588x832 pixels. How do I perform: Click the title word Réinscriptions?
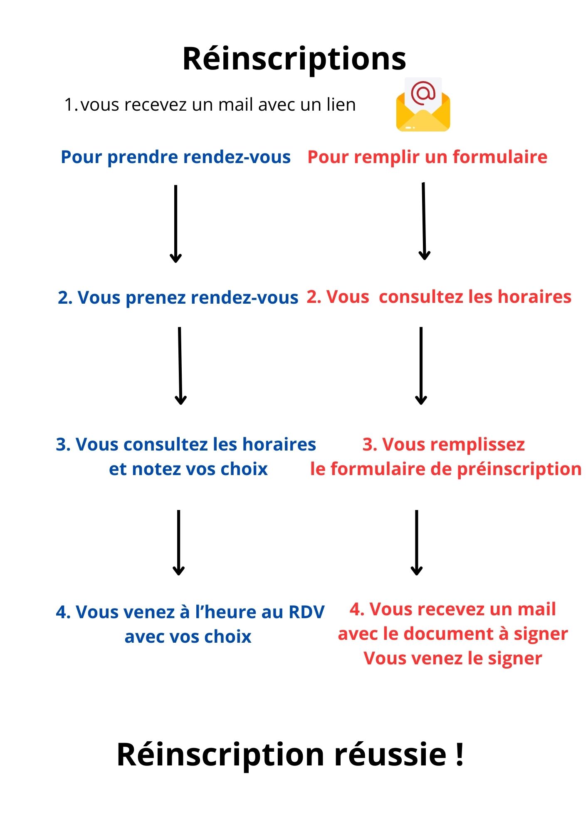click(x=294, y=59)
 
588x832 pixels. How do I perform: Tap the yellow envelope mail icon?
click(x=423, y=104)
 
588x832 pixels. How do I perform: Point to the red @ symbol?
click(x=423, y=93)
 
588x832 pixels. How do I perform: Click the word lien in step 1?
click(x=341, y=104)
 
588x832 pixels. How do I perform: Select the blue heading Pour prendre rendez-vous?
click(x=175, y=157)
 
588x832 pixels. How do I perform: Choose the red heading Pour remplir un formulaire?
click(x=427, y=157)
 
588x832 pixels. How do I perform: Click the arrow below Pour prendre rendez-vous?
click(x=175, y=224)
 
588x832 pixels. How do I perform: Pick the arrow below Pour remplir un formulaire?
click(x=424, y=221)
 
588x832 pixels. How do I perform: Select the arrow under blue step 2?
click(x=180, y=366)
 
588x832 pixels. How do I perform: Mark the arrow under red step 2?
click(x=421, y=366)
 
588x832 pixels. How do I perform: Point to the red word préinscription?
click(x=519, y=469)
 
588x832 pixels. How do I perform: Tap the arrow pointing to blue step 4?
click(x=178, y=543)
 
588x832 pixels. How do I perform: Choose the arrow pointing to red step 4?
click(x=416, y=543)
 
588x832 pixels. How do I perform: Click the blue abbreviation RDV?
click(x=306, y=612)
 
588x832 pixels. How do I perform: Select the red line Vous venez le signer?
click(x=453, y=659)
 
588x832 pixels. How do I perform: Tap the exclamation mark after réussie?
click(x=460, y=754)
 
